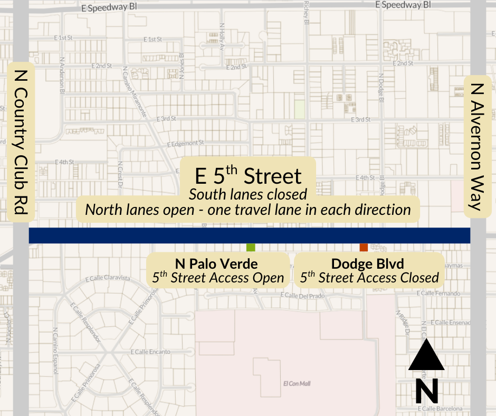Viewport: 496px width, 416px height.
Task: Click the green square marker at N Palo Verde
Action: [x=251, y=247]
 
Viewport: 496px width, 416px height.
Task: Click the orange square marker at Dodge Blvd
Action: [x=364, y=247]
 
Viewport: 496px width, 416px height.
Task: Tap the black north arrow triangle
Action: [x=426, y=356]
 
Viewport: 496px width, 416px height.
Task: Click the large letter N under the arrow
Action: [x=426, y=391]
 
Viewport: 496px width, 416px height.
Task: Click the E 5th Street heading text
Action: [x=248, y=176]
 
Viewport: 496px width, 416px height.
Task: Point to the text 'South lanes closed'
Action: [x=248, y=194]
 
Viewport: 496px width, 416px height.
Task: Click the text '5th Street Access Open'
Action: [x=218, y=277]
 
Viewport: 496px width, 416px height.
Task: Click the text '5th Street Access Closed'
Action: [x=369, y=277]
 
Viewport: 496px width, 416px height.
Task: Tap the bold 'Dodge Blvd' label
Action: [x=367, y=263]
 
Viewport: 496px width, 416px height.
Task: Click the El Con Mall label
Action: [x=293, y=384]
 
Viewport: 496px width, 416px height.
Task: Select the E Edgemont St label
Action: [x=185, y=144]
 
